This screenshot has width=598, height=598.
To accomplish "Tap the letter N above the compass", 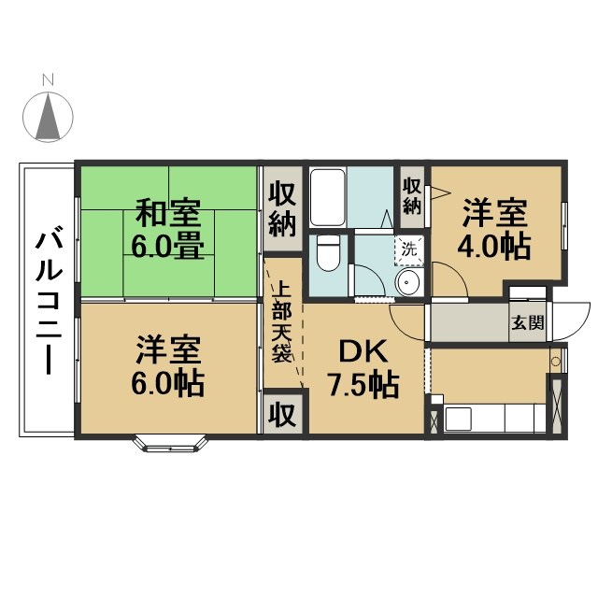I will point(54,81).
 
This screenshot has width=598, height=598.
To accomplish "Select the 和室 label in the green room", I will point(168,214).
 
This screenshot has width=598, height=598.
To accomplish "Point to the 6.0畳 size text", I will point(168,248).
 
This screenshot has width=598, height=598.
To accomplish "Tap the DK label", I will point(356,351).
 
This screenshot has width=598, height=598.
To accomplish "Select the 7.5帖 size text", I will point(363,383).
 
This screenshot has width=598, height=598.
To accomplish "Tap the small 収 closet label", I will point(282,414).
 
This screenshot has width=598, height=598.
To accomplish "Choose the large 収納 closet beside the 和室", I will point(282,209).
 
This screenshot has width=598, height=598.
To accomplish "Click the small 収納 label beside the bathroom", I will point(412,194).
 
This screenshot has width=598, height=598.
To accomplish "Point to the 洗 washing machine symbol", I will point(408,249).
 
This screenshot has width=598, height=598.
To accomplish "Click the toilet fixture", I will point(328,252).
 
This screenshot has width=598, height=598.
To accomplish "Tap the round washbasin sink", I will point(408,283).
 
